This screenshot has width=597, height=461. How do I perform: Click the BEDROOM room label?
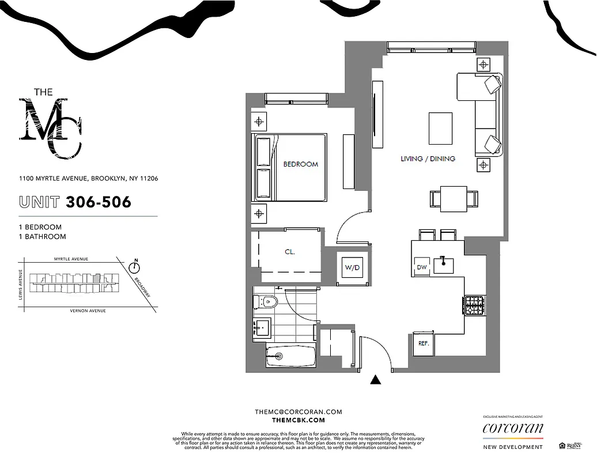point(300,164)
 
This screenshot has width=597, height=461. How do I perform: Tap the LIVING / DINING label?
point(428,158)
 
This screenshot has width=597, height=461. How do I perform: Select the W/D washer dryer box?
point(352,267)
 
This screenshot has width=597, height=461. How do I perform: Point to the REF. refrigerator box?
point(424,344)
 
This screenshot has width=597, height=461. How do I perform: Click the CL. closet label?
point(289,252)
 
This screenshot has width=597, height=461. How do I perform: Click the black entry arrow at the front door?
point(376,379)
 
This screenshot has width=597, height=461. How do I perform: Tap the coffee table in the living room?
point(441,128)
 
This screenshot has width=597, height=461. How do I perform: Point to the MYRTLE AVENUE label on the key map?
point(71,259)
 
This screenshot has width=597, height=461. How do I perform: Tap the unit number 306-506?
point(98,202)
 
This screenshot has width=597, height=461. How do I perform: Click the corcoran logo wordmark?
point(512,428)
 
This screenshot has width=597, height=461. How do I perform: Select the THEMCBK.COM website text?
point(298,420)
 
